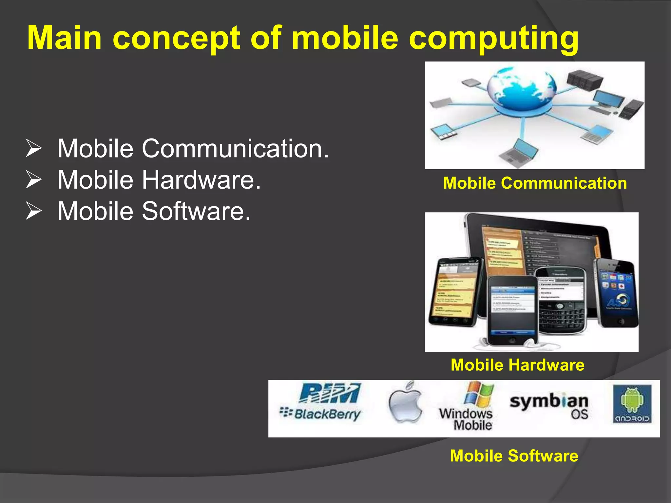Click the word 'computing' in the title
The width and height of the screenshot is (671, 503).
click(494, 39)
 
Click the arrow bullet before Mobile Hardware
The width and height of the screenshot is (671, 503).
click(33, 180)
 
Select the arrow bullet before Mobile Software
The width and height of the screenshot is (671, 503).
click(33, 211)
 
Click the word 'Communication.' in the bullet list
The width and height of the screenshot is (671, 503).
click(235, 149)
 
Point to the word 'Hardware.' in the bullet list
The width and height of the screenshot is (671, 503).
click(201, 180)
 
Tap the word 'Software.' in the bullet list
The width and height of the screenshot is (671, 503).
click(196, 211)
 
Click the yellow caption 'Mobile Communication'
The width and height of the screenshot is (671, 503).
click(535, 183)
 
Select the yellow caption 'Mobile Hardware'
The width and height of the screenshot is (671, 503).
click(517, 365)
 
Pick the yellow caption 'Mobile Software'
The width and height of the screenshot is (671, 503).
click(514, 456)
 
